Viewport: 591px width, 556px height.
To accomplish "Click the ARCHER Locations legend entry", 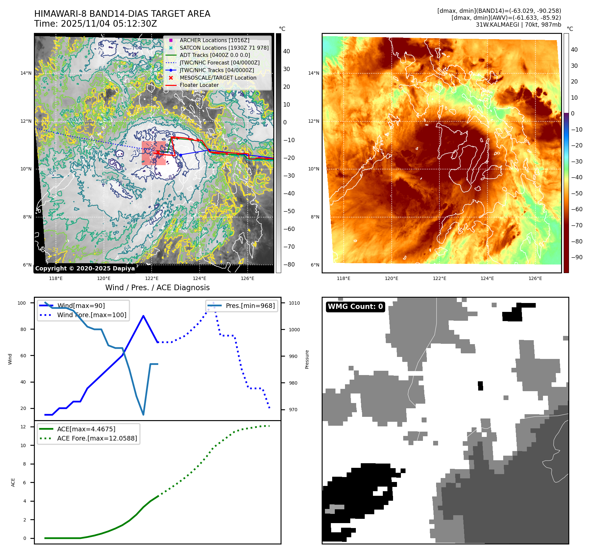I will point(214,40).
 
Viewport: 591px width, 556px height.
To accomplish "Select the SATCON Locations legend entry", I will point(224,48).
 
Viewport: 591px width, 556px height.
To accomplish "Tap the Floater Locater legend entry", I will point(199,85).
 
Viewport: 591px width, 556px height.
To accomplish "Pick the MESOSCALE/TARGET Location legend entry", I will point(218,78).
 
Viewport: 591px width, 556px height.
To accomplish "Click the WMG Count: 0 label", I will point(355,307).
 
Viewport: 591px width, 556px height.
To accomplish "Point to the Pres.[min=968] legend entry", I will point(250,306).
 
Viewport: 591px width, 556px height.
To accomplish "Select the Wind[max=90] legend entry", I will point(81,306).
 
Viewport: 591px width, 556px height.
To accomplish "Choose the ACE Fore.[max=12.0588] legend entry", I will point(97,438).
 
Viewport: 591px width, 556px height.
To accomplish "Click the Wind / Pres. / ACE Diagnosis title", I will point(157,288).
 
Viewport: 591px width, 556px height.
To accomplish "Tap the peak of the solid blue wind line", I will point(143,316).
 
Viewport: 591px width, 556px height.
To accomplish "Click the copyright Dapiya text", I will point(85,268).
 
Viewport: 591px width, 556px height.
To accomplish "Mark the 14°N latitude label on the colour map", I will point(313,73).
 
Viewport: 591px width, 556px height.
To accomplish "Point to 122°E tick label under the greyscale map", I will point(152,278).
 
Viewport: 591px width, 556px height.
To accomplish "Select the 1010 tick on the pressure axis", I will point(294,303).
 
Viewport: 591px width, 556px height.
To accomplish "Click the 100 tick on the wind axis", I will point(22,303).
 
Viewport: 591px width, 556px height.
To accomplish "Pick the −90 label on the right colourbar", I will point(577,257).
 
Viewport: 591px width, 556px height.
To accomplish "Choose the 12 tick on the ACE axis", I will point(23,427).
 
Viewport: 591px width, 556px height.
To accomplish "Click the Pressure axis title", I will point(307,359).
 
